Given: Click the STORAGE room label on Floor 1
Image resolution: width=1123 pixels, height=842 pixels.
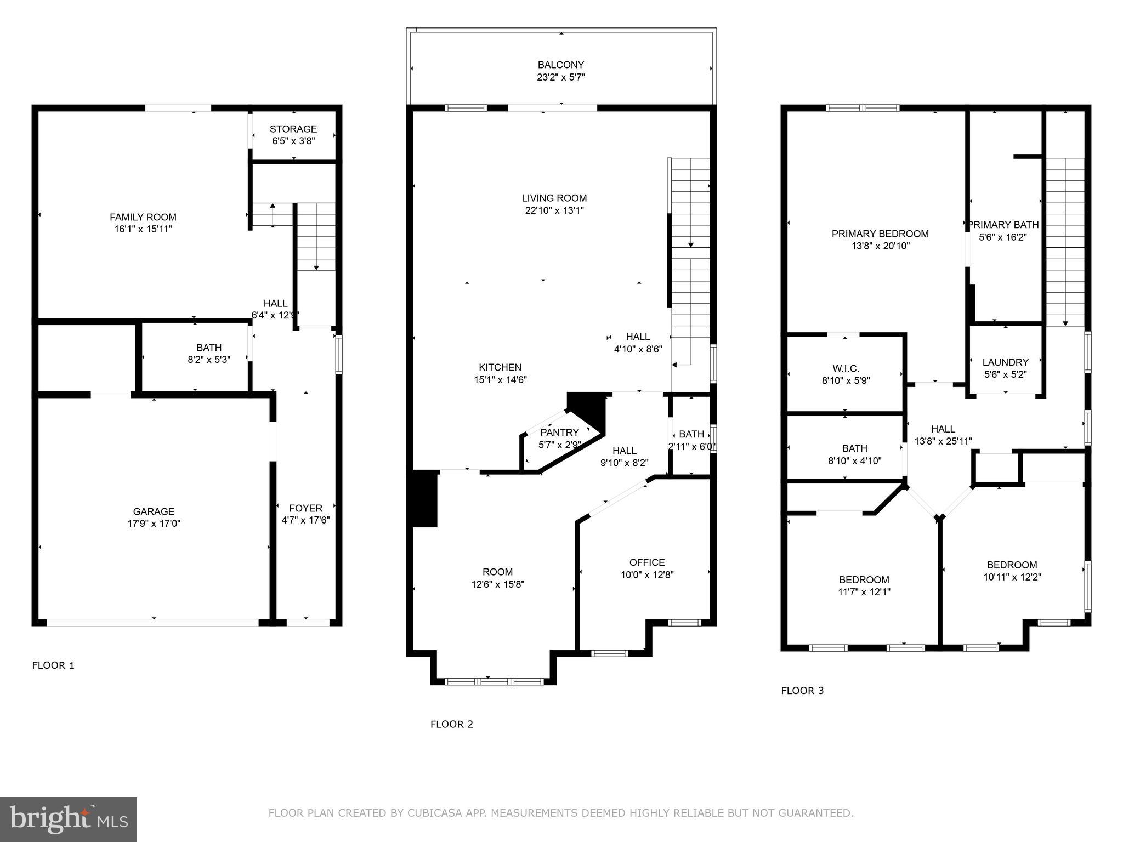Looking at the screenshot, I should click(293, 129).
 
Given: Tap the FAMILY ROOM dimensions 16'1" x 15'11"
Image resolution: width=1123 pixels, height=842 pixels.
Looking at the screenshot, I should click(143, 229).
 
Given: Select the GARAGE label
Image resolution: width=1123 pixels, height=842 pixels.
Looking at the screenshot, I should click(154, 511).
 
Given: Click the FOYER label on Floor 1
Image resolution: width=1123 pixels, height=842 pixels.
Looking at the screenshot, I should click(305, 508).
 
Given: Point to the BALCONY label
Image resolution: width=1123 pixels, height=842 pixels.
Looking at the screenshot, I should click(560, 65).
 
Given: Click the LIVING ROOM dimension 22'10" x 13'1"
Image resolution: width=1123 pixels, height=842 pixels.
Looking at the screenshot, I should click(554, 210).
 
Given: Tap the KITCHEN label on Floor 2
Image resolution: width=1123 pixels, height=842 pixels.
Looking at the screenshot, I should click(500, 367).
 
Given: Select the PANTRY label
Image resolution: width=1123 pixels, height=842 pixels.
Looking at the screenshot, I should click(559, 433).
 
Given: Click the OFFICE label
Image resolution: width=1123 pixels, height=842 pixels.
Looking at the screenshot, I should click(647, 562).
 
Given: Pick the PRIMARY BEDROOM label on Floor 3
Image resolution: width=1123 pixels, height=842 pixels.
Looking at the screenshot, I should click(880, 234).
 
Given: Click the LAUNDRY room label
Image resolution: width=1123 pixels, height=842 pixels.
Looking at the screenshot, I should click(1005, 362).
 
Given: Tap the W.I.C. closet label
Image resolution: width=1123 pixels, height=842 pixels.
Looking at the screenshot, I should click(846, 368).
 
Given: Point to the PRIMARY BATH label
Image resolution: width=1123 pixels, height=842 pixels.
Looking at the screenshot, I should click(1003, 225).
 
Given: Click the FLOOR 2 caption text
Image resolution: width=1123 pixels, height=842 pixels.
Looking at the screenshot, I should click(451, 725).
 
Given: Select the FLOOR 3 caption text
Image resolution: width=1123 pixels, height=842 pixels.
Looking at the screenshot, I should click(802, 691).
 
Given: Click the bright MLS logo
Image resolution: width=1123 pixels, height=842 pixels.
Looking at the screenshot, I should click(69, 819).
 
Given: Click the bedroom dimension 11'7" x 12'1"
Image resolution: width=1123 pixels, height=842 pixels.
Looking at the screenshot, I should click(864, 592).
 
